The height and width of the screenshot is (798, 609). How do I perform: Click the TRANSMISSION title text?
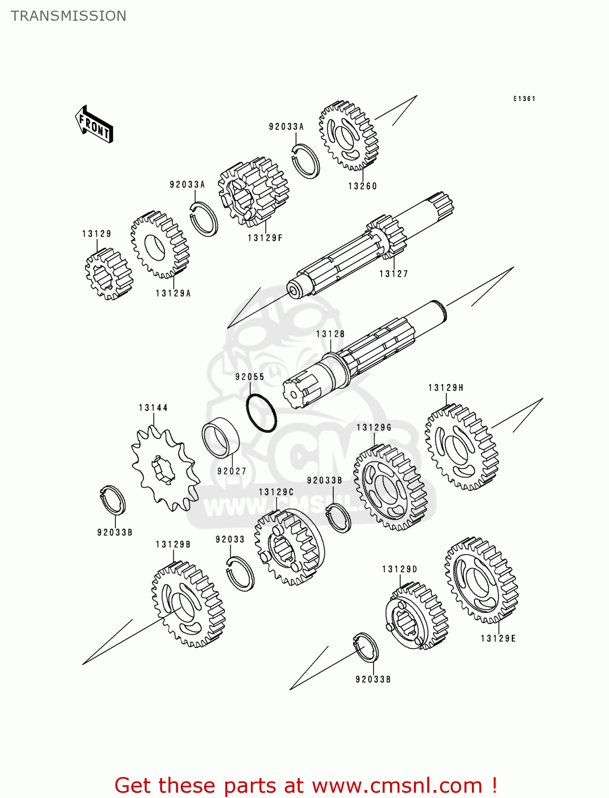click(69, 16)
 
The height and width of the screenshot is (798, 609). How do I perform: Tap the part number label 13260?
click(362, 186)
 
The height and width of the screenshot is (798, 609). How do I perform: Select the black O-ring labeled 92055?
click(261, 413)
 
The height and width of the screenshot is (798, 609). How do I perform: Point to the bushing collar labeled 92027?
click(221, 437)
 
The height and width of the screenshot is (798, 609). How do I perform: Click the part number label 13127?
click(394, 274)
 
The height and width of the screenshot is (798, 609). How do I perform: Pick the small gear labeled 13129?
click(107, 273)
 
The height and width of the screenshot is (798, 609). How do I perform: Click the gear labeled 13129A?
click(159, 245)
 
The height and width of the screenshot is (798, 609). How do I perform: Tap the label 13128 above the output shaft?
click(331, 334)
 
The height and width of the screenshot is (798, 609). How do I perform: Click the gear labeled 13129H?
click(461, 447)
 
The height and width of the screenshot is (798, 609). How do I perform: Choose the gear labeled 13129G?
click(391, 488)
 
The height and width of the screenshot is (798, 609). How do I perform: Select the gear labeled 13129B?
click(188, 604)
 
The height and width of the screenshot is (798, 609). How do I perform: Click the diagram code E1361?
click(524, 99)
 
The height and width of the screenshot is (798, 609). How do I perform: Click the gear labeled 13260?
click(348, 136)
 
